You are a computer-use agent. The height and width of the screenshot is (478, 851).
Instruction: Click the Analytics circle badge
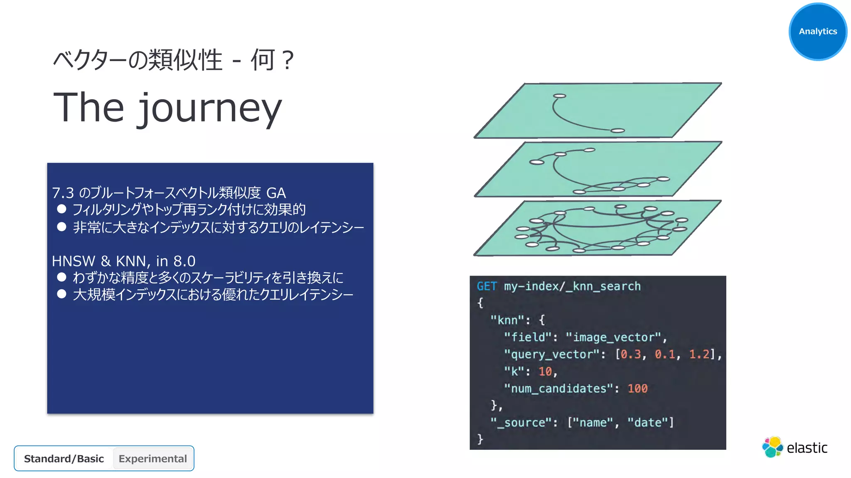pos(817,32)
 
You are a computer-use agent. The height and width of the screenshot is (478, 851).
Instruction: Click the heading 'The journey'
pos(167,108)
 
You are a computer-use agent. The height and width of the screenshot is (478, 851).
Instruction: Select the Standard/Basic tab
pos(64,458)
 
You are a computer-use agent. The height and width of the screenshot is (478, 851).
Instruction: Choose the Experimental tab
pos(152,458)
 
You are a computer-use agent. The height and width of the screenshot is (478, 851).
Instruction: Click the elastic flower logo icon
pos(772,447)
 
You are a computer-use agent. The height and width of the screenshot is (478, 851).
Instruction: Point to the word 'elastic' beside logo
pos(807,448)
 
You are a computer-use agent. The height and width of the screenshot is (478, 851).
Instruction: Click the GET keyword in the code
pos(487,286)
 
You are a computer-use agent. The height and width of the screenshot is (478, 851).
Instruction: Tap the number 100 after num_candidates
pos(637,389)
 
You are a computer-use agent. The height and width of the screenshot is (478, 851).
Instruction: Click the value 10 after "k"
pos(545,371)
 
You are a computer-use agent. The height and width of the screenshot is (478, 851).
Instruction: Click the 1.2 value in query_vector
pos(699,354)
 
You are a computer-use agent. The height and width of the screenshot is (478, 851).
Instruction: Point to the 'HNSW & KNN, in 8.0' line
pos(123,261)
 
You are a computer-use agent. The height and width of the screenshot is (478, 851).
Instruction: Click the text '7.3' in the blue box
pos(63,193)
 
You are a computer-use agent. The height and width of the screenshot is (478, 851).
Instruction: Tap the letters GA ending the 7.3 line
pos(276,193)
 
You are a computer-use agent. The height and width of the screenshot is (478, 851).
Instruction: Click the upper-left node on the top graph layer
pos(560,96)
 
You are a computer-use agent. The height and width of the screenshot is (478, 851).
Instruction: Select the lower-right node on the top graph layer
pos(618,131)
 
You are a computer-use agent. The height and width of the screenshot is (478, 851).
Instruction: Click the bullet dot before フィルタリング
pos(61,209)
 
